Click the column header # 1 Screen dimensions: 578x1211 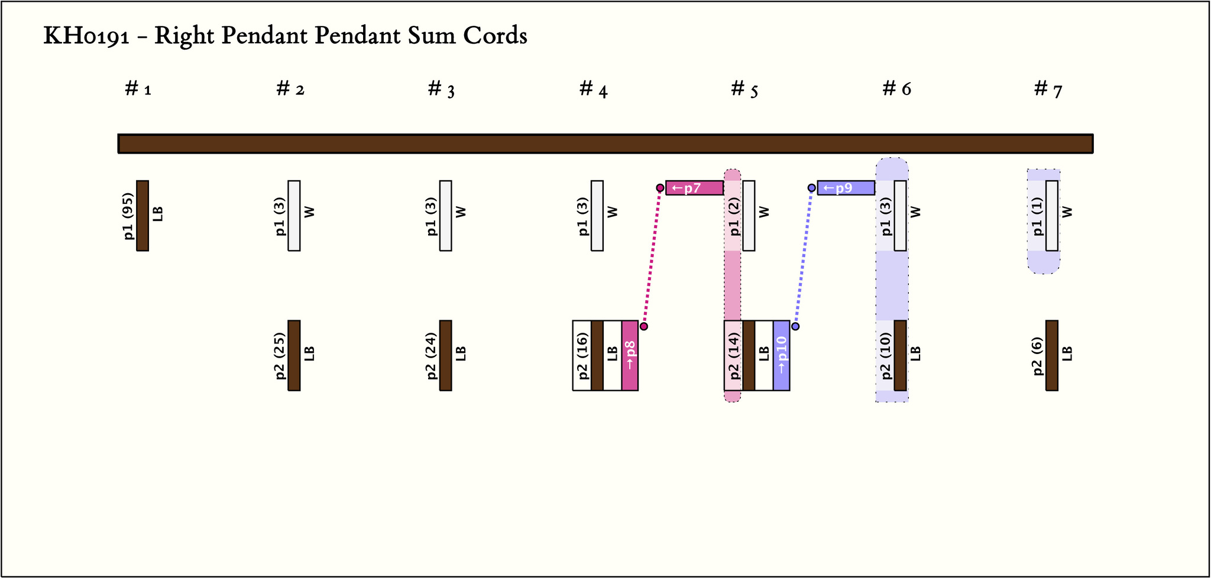click(x=138, y=89)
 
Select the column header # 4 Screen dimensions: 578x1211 click(x=593, y=89)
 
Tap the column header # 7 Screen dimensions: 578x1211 click(x=1048, y=89)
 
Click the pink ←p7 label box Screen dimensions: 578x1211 click(x=694, y=188)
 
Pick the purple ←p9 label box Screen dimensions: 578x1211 click(x=846, y=188)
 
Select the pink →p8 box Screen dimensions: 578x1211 click(x=630, y=355)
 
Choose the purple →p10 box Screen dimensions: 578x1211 click(x=781, y=355)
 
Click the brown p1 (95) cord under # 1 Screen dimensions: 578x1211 click(x=143, y=216)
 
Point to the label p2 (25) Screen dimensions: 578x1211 click(x=280, y=355)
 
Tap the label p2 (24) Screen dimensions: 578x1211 click(x=431, y=355)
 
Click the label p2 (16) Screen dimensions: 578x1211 click(x=582, y=355)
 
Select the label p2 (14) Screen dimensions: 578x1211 click(x=734, y=355)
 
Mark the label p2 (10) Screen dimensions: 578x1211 click(x=885, y=355)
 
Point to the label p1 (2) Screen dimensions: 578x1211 click(x=734, y=216)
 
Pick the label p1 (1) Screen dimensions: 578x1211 click(x=1037, y=216)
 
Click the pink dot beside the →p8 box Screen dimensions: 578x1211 click(x=644, y=326)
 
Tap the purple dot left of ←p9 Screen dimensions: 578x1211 click(x=812, y=188)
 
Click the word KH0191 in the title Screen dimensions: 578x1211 click(x=86, y=36)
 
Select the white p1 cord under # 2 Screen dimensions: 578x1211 click(x=294, y=216)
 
